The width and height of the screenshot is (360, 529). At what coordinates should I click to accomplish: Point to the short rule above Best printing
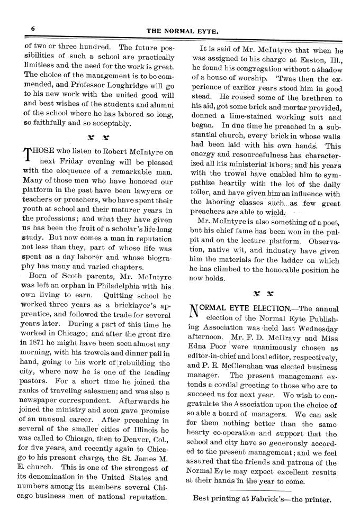(x=262, y=489)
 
